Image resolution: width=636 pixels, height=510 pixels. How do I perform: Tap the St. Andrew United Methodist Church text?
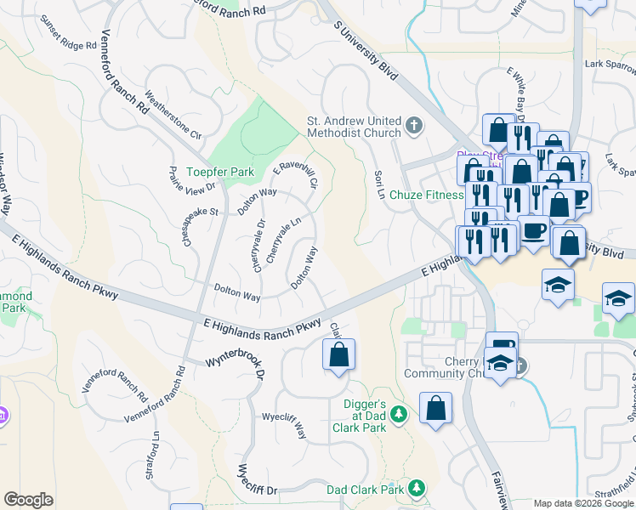(353, 127)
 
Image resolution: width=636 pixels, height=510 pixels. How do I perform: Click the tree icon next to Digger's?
(401, 414)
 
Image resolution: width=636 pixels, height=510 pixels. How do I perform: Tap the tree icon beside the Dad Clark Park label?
(417, 488)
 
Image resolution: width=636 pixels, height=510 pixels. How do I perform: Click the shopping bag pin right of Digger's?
(435, 408)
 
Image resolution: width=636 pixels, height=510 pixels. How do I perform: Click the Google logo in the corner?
(28, 499)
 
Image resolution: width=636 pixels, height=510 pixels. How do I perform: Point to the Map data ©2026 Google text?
(582, 503)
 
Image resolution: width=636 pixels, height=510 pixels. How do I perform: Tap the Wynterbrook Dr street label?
(236, 367)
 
